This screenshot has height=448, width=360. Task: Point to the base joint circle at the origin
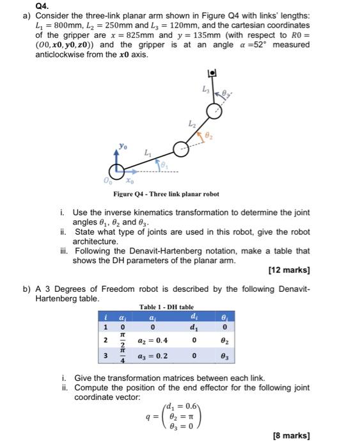(x=117, y=172)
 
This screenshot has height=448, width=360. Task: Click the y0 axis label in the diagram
(x=122, y=147)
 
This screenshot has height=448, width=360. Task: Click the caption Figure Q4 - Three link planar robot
(x=166, y=193)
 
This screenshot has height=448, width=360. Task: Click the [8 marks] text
(x=291, y=435)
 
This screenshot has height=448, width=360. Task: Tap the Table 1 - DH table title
(x=166, y=307)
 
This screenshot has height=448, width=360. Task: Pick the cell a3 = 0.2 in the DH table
(x=153, y=356)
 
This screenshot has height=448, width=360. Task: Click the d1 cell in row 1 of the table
(x=193, y=328)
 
